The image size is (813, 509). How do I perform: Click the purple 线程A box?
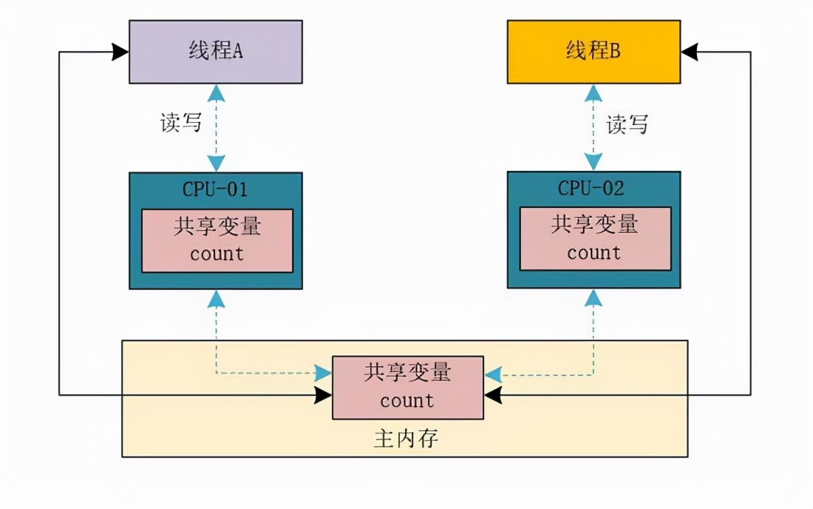215,52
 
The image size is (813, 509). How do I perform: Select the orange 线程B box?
593,52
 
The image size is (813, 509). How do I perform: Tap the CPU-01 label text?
215,189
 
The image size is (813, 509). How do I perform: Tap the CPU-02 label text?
591,188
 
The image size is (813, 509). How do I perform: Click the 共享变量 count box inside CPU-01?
217,240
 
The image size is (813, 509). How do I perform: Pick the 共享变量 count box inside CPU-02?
595,239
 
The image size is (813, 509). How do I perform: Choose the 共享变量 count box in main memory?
407,387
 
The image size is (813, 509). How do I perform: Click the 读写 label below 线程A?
181,122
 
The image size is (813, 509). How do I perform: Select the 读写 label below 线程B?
627,124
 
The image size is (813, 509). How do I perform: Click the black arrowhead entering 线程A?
120,52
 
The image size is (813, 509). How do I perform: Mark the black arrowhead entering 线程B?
690,52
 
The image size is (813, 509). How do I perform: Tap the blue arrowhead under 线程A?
216,92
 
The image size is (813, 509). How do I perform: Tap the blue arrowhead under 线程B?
593,92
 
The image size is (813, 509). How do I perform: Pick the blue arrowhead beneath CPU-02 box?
593,297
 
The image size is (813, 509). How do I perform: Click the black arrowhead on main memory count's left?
323,396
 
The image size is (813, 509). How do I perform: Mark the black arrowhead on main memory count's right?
493,396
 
